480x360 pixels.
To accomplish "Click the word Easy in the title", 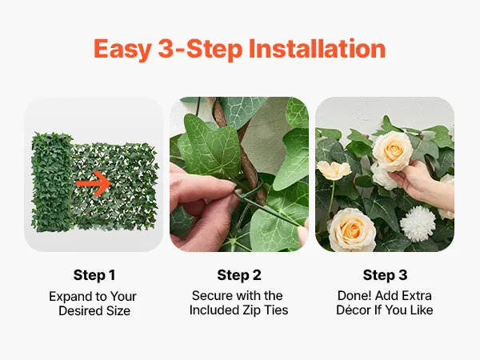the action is tap(122, 49).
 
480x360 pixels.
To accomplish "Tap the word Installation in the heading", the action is tap(317, 48).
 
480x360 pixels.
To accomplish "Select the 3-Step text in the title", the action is tap(200, 49).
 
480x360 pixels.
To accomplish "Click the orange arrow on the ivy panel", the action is tap(93, 183).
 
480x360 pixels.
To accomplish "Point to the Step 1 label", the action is tap(94, 275).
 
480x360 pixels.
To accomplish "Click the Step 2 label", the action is tap(239, 275).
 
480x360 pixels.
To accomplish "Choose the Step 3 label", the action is tap(385, 275).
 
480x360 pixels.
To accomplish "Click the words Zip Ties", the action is tap(266, 310).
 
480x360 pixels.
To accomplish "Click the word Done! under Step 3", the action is tap(354, 296).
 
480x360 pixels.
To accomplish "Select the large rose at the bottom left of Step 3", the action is tap(352, 229).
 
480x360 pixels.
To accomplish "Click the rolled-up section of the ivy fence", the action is tap(52, 182).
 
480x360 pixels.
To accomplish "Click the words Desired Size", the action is tap(94, 310).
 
